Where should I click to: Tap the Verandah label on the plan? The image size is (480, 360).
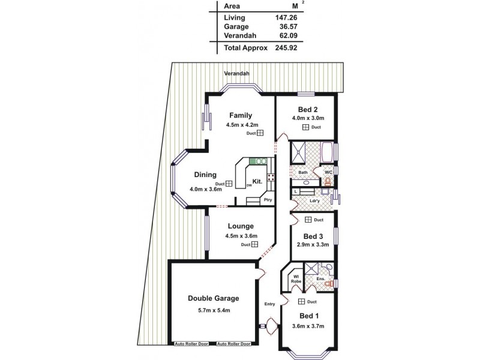(x=236, y=73)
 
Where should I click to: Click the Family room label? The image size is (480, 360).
(x=241, y=116)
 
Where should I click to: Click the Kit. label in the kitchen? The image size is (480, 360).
(x=257, y=181)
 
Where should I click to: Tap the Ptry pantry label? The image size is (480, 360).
(x=268, y=200)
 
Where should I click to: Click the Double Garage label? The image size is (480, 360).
(x=213, y=298)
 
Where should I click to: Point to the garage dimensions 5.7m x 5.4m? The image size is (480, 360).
(x=214, y=310)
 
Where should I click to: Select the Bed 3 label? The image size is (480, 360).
(x=314, y=236)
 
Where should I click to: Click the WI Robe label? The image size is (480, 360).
(x=296, y=278)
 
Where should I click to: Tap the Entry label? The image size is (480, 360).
(x=269, y=304)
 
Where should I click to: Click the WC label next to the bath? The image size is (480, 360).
(x=328, y=172)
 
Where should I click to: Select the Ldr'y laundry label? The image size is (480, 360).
(x=314, y=200)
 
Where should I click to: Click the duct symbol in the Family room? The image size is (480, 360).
(x=260, y=134)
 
